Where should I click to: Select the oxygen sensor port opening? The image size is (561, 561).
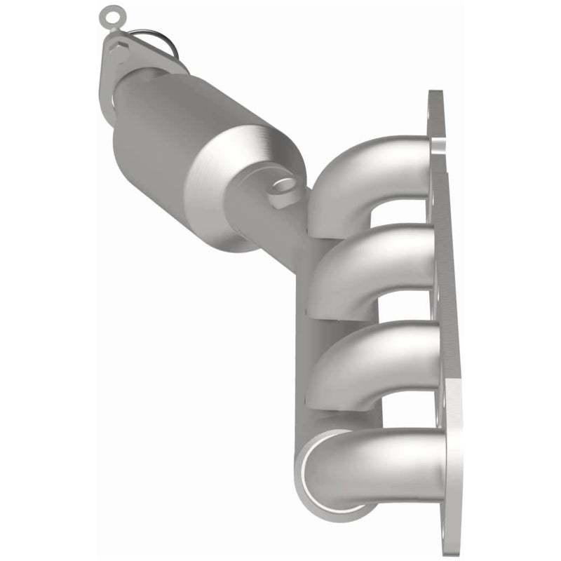pyautogui.click(x=283, y=185)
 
